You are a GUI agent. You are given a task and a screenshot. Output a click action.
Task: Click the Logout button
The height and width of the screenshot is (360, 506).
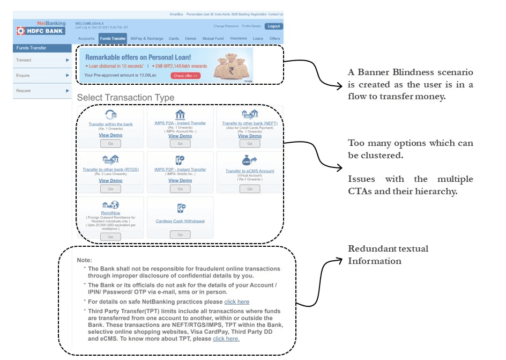point(273,26)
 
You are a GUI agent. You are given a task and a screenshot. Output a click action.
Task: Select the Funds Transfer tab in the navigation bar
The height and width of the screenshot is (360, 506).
point(113,39)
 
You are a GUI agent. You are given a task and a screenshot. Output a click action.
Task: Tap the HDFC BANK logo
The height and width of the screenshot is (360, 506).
point(41,31)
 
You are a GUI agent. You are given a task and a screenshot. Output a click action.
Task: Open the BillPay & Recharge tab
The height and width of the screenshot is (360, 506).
point(147,39)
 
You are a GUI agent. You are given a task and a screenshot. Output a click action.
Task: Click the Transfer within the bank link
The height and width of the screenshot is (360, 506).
point(110,124)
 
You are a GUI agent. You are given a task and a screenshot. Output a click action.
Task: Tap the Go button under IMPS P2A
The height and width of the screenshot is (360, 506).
point(180,144)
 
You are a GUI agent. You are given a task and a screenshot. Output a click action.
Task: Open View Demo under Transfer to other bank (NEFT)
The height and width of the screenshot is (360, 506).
point(250,136)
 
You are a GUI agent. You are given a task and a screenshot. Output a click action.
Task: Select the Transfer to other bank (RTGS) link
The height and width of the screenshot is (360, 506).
point(110,170)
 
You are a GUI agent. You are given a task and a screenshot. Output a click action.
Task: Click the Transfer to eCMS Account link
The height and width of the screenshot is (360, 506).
point(250,171)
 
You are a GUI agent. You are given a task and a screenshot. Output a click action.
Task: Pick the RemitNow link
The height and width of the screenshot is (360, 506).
point(110,212)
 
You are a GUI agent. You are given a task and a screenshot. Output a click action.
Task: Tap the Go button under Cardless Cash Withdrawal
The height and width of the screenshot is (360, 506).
point(180,234)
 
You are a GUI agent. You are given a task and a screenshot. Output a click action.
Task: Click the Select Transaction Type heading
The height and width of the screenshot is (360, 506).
point(125,98)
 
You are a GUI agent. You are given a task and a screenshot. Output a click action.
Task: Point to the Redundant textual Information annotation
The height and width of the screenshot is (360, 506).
point(388,255)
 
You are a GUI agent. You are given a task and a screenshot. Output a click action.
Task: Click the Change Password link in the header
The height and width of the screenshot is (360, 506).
point(226,26)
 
